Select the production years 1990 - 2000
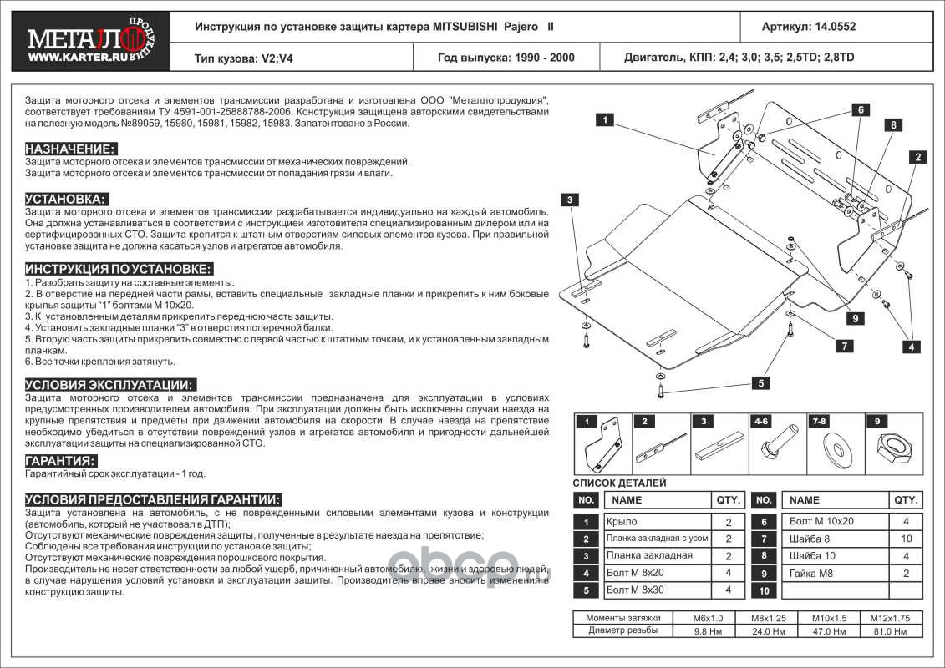pos(506,58)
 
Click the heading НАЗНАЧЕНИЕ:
pos(70,149)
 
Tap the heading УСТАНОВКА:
pos(67,200)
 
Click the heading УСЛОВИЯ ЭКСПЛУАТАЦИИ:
pos(110,385)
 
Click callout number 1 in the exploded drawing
pos(604,120)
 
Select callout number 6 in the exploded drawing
pos(858,109)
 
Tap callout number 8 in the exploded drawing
pos(892,124)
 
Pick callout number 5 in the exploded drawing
pos(761,383)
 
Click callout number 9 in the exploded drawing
pos(856,317)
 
